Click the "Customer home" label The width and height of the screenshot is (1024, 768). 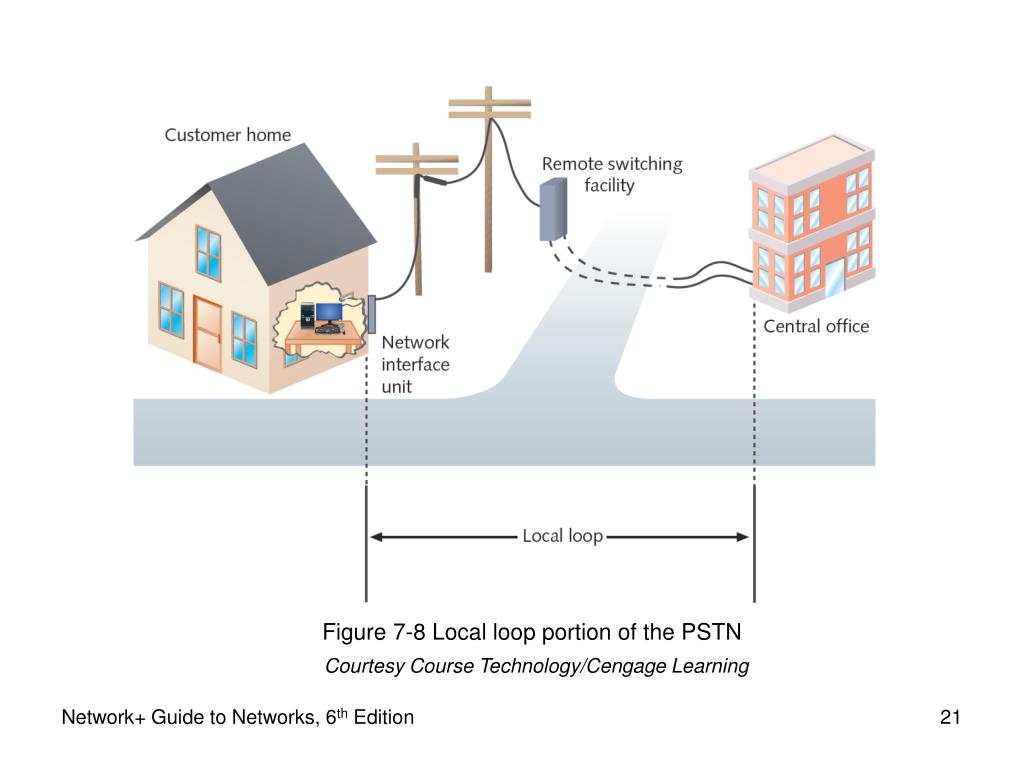(x=228, y=135)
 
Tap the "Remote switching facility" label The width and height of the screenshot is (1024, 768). (x=611, y=174)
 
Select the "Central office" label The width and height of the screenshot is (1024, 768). (x=816, y=326)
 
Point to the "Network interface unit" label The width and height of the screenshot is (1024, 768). (x=416, y=364)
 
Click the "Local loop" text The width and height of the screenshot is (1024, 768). (x=562, y=536)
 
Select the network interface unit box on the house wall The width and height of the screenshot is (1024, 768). (x=371, y=314)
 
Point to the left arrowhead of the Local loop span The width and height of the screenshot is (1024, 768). (x=376, y=536)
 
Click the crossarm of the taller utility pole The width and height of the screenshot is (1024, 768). (x=489, y=104)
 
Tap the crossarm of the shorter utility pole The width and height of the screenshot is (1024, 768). (x=416, y=160)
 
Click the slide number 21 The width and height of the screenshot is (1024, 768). (x=950, y=717)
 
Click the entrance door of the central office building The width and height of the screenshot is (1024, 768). (x=831, y=275)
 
